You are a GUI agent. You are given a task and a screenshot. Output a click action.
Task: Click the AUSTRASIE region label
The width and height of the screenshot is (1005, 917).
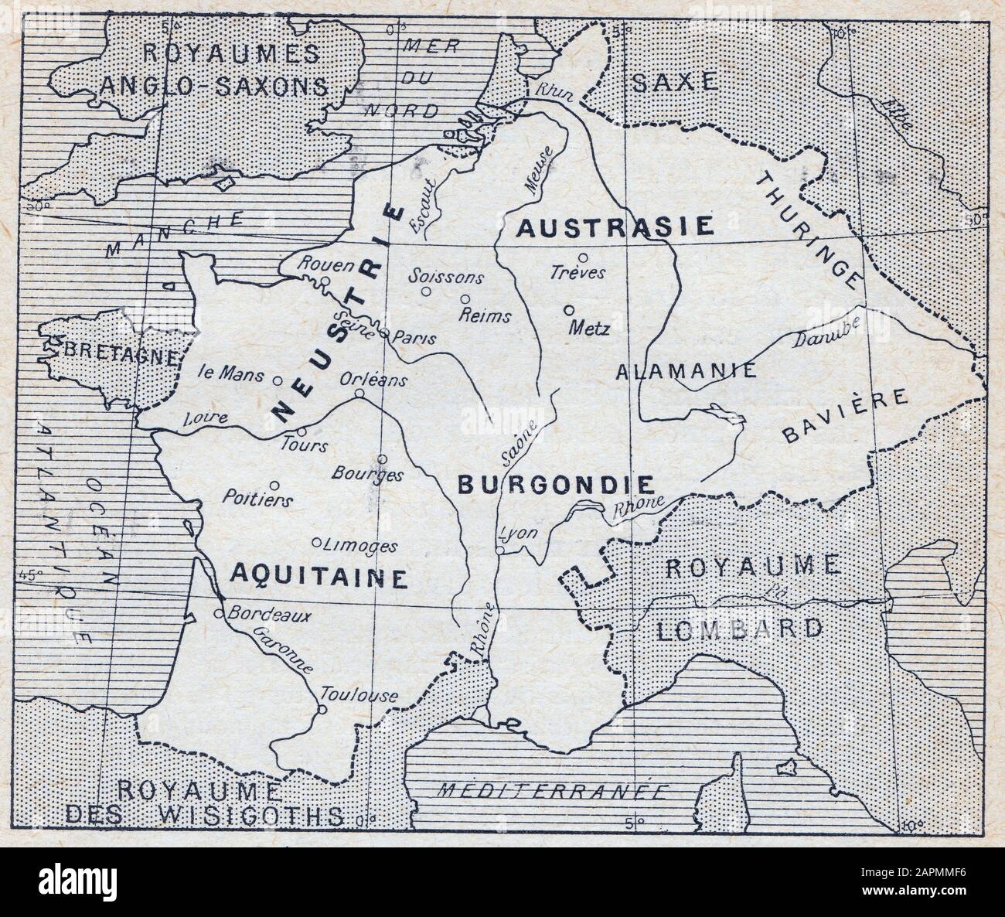click(614, 226)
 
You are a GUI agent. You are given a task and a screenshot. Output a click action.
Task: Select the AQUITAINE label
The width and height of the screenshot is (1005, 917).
click(319, 576)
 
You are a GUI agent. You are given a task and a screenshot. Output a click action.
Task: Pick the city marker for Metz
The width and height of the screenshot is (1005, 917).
click(569, 310)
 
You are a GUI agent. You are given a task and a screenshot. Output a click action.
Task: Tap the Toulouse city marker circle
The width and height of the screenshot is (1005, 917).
click(323, 707)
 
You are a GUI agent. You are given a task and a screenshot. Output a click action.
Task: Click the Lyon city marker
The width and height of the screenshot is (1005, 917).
click(501, 551)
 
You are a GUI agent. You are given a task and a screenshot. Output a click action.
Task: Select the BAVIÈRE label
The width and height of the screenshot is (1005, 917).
click(844, 418)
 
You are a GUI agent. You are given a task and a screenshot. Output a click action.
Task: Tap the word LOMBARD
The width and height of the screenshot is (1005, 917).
click(741, 629)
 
